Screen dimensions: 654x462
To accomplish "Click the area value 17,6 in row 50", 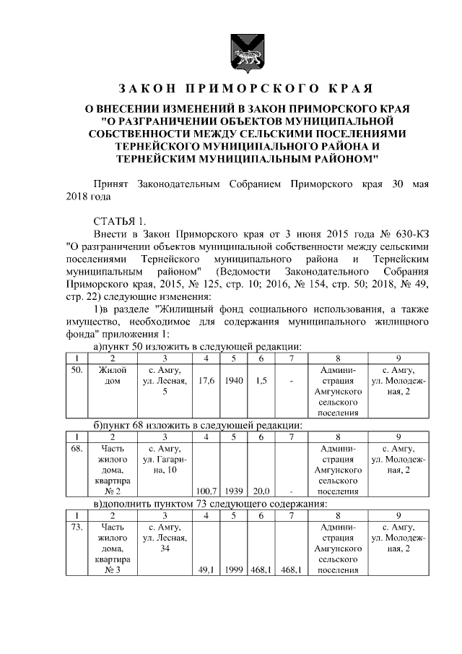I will coord(206,381).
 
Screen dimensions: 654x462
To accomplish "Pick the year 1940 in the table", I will coord(233,381).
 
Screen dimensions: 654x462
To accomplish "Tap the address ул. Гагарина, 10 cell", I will coord(165,460).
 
